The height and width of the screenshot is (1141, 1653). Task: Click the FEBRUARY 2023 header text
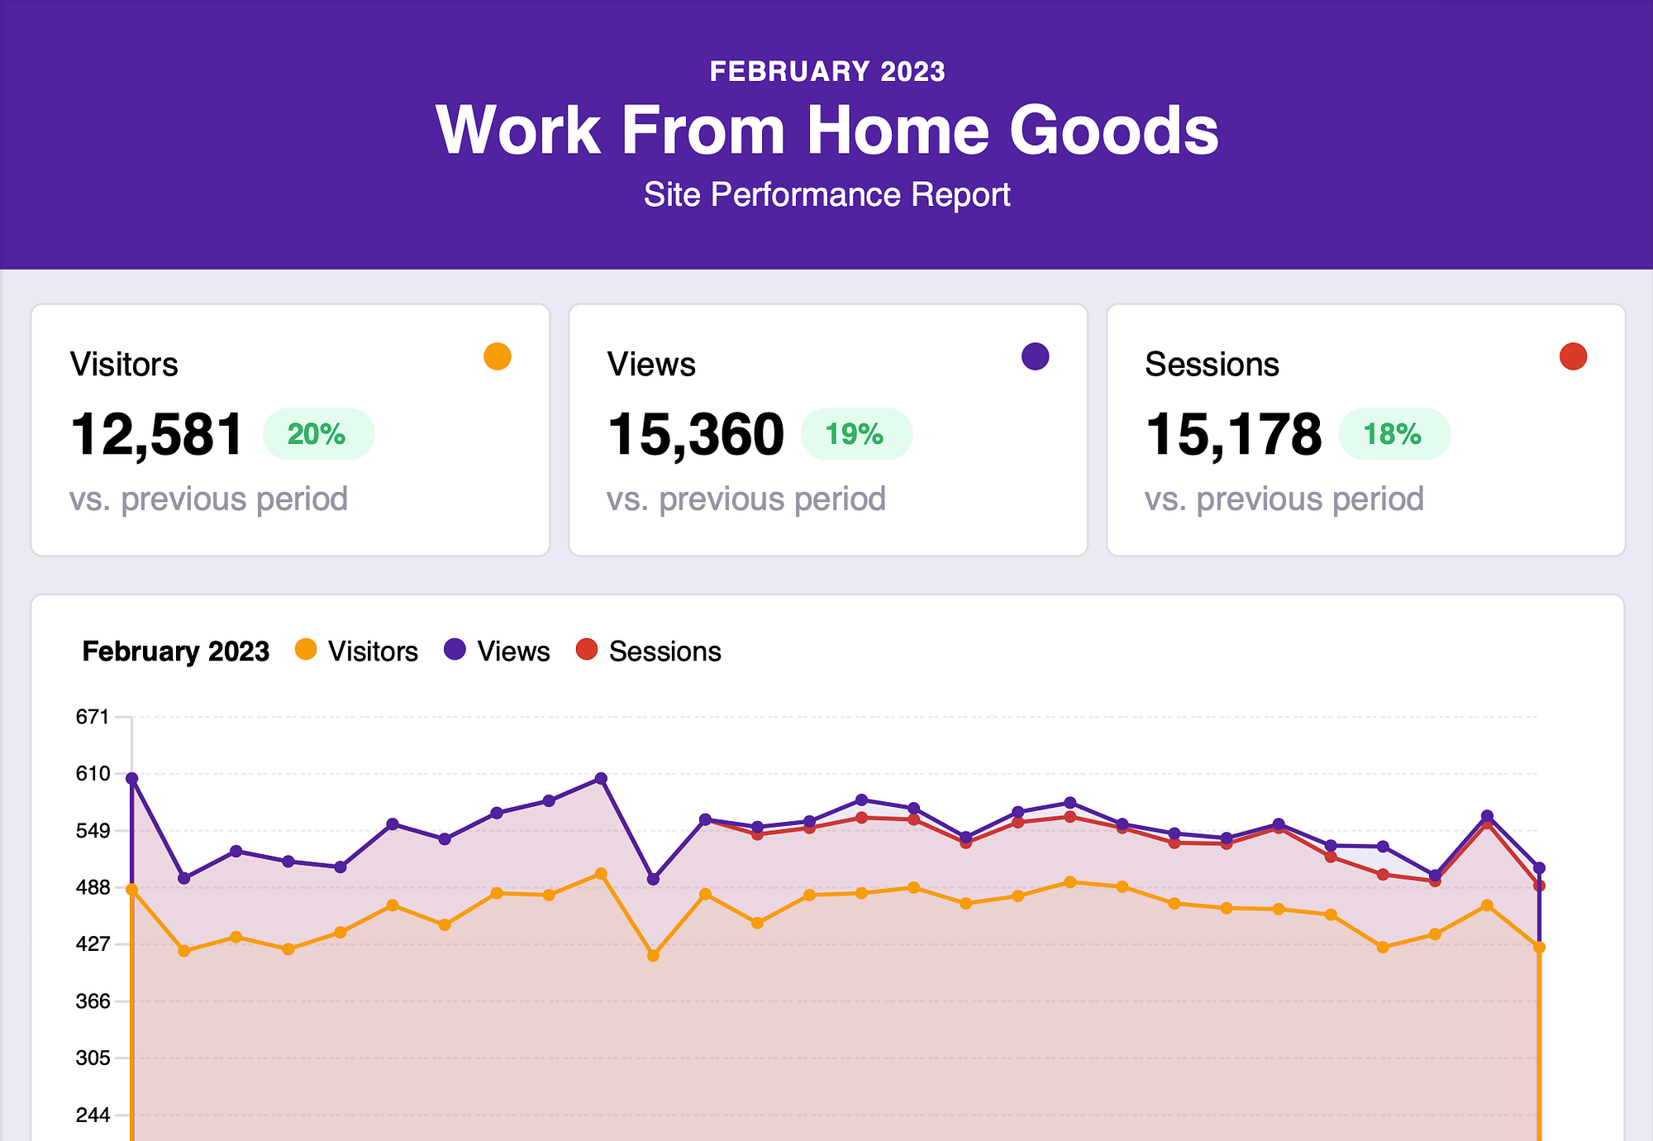pyautogui.click(x=826, y=72)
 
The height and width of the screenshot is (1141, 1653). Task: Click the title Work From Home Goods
pyautogui.click(x=826, y=131)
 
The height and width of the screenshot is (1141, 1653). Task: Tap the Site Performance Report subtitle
pyautogui.click(x=826, y=195)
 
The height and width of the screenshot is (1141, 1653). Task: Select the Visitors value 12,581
pyautogui.click(x=157, y=434)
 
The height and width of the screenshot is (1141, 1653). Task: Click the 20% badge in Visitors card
pyautogui.click(x=317, y=434)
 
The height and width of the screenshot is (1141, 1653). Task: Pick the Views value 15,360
pyautogui.click(x=695, y=434)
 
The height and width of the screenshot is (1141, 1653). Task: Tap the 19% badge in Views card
pyautogui.click(x=855, y=434)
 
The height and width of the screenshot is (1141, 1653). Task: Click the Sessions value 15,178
pyautogui.click(x=1233, y=434)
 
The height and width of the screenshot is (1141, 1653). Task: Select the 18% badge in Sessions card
pyautogui.click(x=1393, y=434)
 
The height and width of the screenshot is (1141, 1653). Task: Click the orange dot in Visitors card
pyautogui.click(x=498, y=356)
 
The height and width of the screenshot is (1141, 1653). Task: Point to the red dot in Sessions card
pyautogui.click(x=1573, y=356)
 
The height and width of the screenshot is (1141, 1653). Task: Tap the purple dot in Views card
pyautogui.click(x=1035, y=356)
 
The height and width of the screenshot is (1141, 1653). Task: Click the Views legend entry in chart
pyautogui.click(x=498, y=652)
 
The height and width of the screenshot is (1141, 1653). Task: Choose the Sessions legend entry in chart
pyautogui.click(x=650, y=652)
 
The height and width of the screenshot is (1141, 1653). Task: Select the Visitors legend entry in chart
pyautogui.click(x=357, y=652)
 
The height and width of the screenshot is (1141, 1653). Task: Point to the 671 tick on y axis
pyautogui.click(x=93, y=717)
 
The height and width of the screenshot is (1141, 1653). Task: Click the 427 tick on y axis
pyautogui.click(x=93, y=944)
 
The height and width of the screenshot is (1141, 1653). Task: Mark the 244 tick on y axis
pyautogui.click(x=93, y=1115)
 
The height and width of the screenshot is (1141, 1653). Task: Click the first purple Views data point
pyautogui.click(x=132, y=778)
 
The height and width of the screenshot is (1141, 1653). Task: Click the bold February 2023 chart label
pyautogui.click(x=175, y=652)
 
